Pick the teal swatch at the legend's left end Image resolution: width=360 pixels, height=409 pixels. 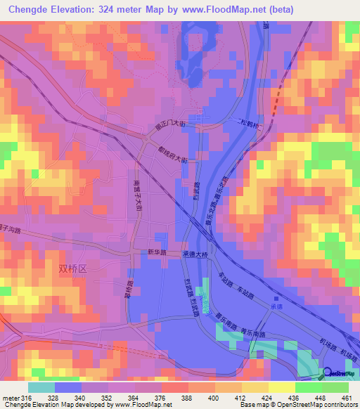41,387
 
